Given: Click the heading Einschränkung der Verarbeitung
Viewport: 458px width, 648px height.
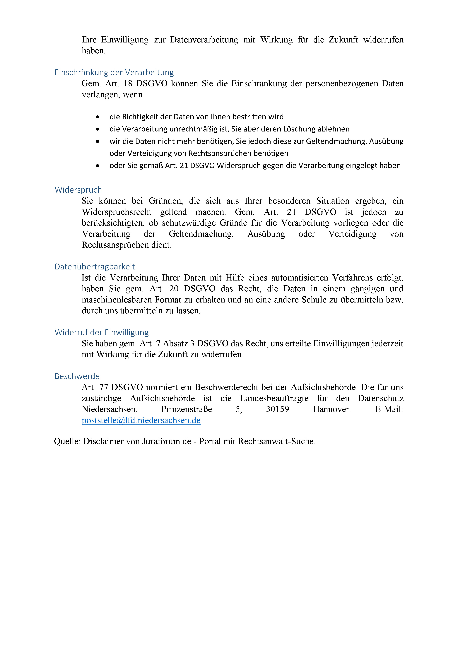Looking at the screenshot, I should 114,73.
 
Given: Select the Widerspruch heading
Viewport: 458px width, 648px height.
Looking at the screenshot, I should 78,190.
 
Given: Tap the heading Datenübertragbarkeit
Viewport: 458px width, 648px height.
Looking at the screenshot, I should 95,267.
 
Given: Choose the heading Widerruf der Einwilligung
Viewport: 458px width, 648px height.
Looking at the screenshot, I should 102,332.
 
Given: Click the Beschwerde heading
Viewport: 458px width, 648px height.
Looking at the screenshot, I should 77,376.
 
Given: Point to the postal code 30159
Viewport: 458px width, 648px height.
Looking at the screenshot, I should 277,409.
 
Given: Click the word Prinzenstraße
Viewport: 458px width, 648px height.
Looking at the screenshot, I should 187,409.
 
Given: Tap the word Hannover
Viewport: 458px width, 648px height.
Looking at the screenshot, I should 331,409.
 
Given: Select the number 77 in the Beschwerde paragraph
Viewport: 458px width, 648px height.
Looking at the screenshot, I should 104,387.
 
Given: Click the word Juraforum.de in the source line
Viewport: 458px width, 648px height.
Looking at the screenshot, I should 167,441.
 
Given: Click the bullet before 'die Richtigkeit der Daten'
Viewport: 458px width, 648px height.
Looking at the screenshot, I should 98,117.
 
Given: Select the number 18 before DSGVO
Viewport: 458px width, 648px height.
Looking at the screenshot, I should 128,83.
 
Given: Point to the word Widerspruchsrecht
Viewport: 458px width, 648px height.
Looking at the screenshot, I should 117,212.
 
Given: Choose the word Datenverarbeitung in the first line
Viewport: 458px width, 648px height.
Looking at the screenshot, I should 204,40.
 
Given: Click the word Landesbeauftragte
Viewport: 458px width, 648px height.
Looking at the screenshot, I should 274,398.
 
